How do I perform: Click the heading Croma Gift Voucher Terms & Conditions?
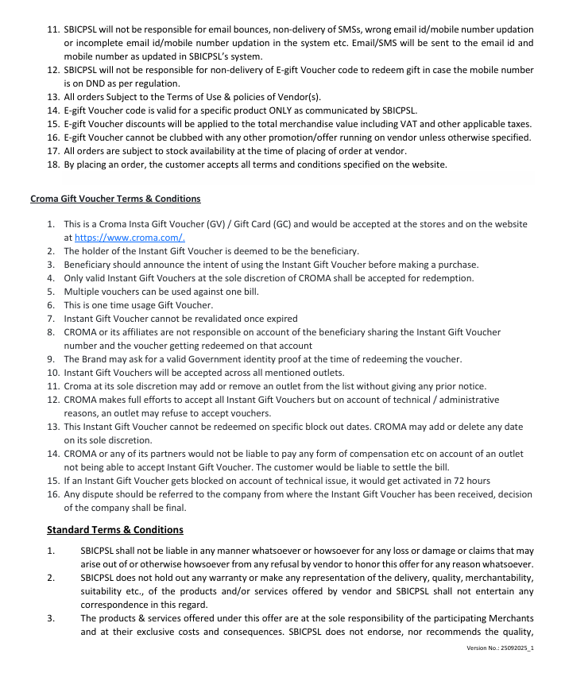coord(115,199)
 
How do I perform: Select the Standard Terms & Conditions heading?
coord(115,530)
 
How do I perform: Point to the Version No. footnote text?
coord(500,648)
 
